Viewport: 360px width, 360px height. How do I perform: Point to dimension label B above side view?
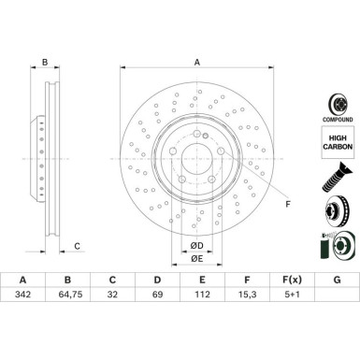44,63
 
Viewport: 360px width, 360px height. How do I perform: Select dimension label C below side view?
78,247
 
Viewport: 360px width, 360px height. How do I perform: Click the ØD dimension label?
196,245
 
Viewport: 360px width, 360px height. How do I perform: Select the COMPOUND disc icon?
337,103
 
